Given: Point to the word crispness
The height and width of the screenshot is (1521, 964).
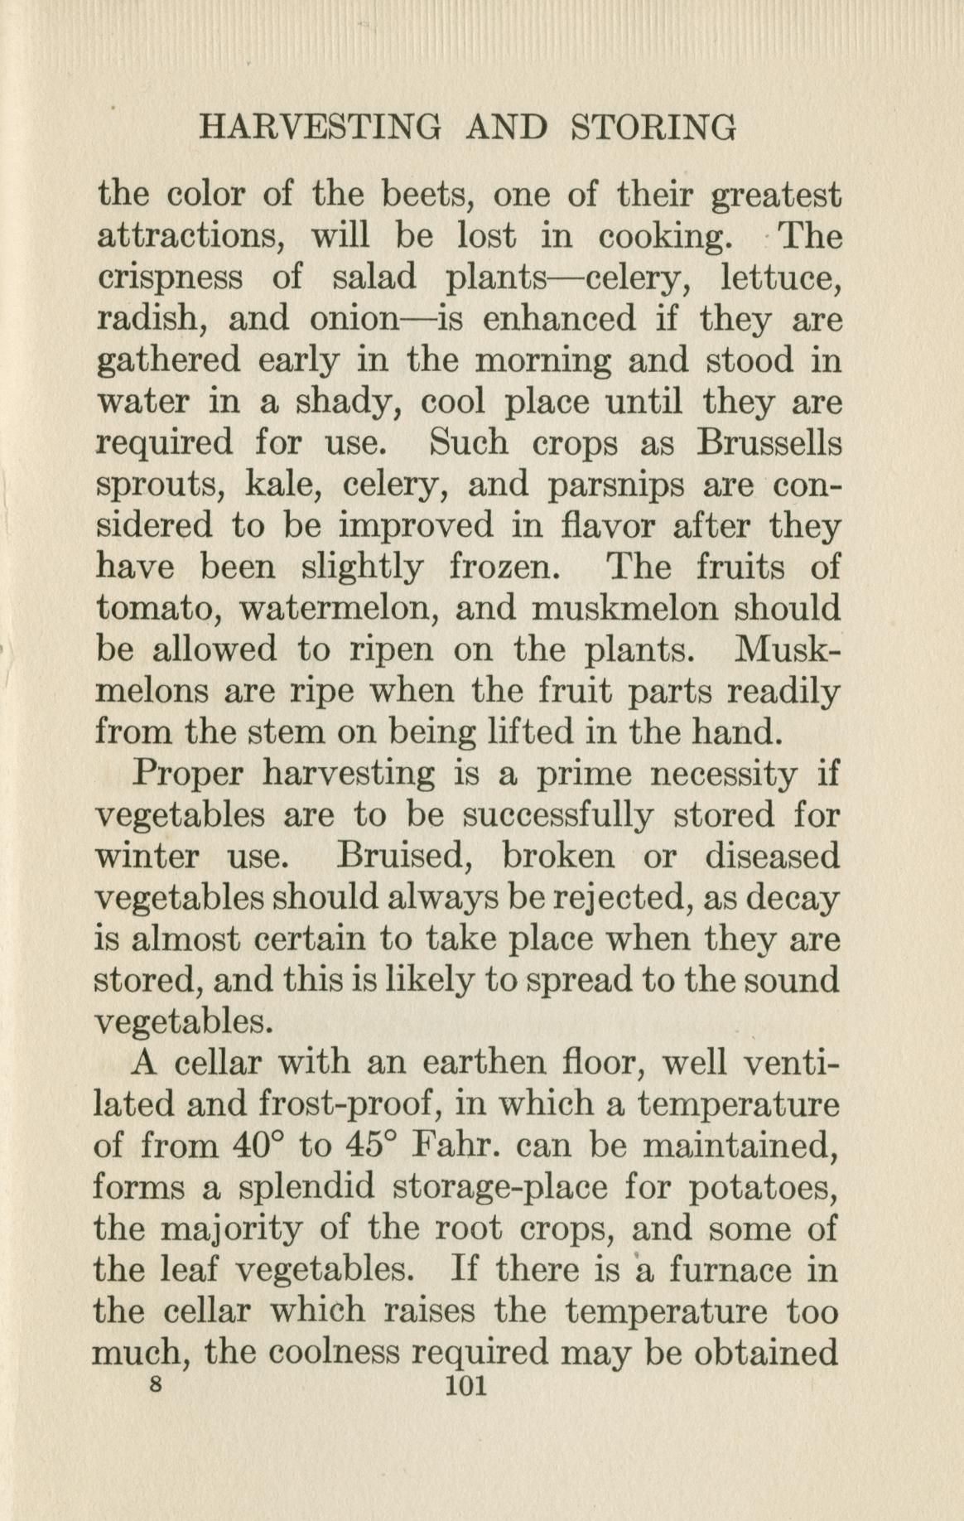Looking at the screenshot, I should pyautogui.click(x=170, y=278).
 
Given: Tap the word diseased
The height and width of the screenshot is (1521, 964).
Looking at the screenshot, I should pyautogui.click(x=772, y=856).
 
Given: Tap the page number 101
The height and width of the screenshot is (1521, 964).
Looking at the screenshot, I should pyautogui.click(x=466, y=1386).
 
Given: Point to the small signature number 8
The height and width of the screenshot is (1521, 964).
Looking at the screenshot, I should pyautogui.click(x=152, y=1384).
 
